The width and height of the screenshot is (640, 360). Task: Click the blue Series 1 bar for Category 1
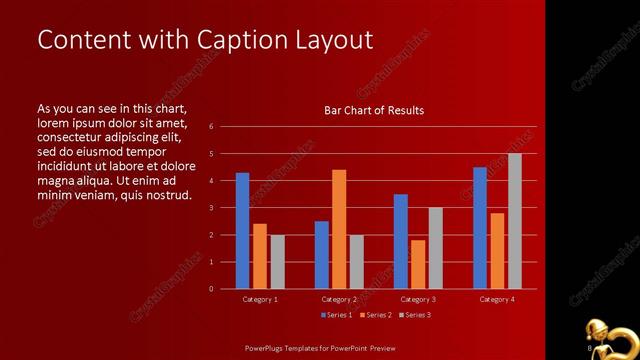[x=242, y=231]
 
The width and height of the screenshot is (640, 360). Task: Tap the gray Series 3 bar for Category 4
[x=515, y=221]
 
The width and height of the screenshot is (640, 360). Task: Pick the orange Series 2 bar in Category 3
[x=418, y=264]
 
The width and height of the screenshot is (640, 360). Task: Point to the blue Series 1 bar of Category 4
[x=480, y=228]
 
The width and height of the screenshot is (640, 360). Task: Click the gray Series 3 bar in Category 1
[x=277, y=262]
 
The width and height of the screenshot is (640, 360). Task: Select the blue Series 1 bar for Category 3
[x=401, y=241]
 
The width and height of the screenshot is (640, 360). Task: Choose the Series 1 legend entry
[x=335, y=315]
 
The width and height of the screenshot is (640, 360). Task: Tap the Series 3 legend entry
[x=416, y=315]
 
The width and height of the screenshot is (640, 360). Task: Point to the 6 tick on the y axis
[x=211, y=127]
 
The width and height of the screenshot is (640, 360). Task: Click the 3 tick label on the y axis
[x=211, y=208]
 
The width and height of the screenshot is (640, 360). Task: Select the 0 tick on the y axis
[x=211, y=289]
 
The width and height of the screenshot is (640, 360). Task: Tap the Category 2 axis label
[x=339, y=299]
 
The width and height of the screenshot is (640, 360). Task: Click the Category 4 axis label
[x=497, y=299]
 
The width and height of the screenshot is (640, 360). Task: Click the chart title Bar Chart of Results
[x=374, y=110]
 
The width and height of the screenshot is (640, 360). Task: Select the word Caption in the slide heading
[x=239, y=40]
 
